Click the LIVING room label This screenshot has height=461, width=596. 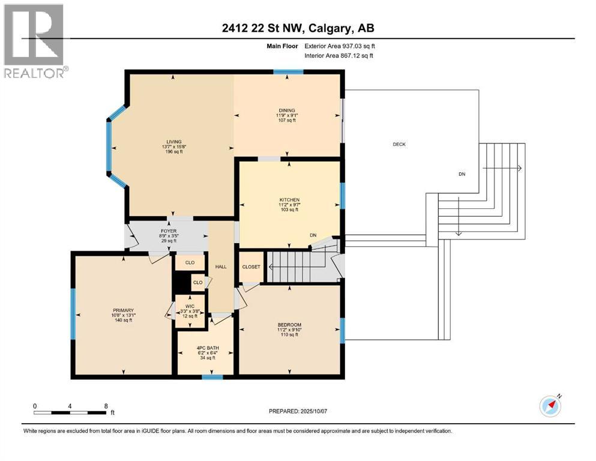click(x=174, y=142)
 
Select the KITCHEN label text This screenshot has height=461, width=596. click(x=289, y=200)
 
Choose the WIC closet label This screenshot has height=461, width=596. click(x=190, y=306)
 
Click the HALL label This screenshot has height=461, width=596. click(x=220, y=267)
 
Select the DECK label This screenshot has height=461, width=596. click(x=399, y=144)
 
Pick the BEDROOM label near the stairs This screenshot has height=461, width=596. click(x=289, y=325)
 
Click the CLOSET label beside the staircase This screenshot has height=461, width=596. click(x=251, y=267)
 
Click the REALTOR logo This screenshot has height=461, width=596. click(x=34, y=41)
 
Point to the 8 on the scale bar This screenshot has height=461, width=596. click(x=106, y=405)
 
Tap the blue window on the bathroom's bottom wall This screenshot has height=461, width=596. click(x=212, y=377)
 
